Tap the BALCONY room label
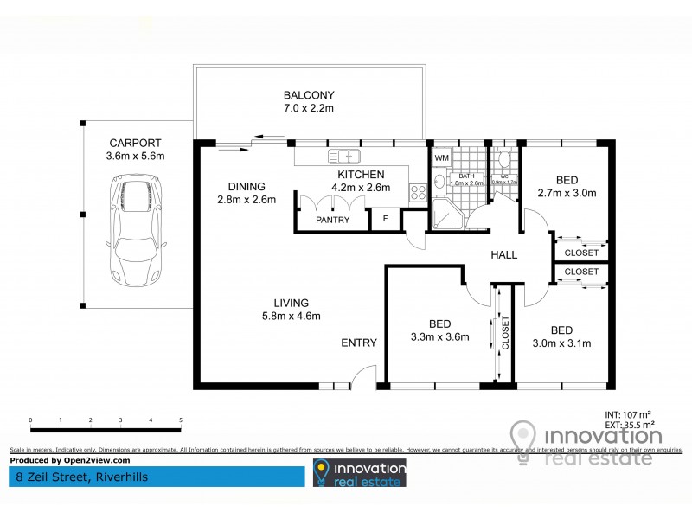[x=309, y=95]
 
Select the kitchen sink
[x=343, y=157]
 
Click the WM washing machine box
[x=441, y=158]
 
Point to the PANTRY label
[x=332, y=220]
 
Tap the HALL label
[x=503, y=255]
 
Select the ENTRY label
[x=358, y=343]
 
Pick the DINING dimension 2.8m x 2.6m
[x=247, y=200]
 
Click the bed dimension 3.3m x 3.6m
[x=439, y=336]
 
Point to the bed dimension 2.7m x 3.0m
[x=567, y=193]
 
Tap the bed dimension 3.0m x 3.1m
[x=561, y=343]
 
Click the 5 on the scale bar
[x=181, y=420]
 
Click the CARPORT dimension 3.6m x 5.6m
[x=136, y=156]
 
